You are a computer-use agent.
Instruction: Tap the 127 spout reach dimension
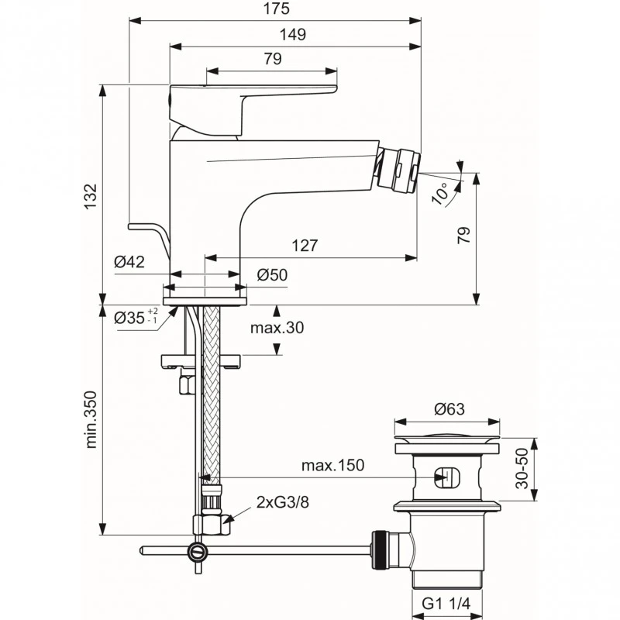305,246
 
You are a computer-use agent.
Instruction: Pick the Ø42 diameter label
129,263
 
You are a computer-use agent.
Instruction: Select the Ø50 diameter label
271,274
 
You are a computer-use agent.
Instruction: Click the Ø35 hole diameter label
136,317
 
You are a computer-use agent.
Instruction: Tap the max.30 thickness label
277,328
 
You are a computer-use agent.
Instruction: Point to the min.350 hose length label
91,418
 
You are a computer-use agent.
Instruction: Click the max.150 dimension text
332,466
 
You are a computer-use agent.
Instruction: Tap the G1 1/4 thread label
448,602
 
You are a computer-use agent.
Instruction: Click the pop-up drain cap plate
448,447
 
